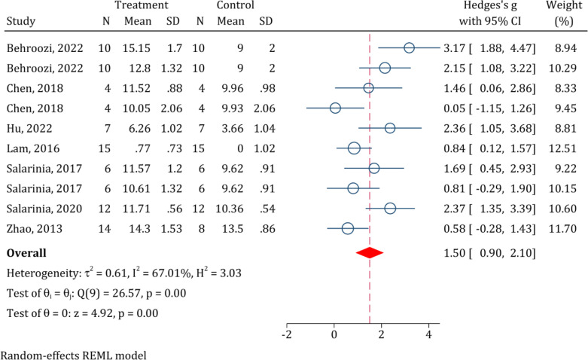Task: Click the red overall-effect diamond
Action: coord(370,253)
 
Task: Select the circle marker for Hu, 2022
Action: coord(390,128)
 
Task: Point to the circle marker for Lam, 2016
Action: coord(354,148)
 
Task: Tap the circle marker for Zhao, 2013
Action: coord(348,228)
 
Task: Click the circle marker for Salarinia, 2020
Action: coord(391,209)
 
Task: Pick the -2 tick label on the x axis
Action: coord(287,334)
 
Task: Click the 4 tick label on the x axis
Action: coord(428,334)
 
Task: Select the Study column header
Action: coord(21,21)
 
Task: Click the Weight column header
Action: coord(565,5)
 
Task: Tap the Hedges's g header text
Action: coord(490,5)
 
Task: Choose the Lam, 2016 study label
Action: coord(33,149)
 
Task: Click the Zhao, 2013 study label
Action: coord(35,229)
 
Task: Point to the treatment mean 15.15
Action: coord(137,48)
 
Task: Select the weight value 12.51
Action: coord(562,148)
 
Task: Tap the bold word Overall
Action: coord(26,253)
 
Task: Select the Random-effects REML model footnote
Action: coord(74,355)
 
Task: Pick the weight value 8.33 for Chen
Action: coord(565,89)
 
